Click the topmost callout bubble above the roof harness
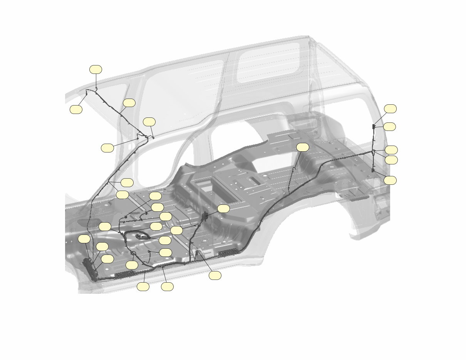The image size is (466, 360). (x=96, y=69)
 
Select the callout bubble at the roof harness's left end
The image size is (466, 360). (x=76, y=109)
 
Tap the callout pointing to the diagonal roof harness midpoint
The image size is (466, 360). (x=129, y=102)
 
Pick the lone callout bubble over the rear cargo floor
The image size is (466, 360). (x=303, y=147)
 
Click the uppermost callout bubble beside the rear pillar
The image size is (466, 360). (x=390, y=109)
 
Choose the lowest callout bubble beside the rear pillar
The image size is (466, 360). (x=390, y=180)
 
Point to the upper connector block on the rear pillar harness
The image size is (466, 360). (x=374, y=126)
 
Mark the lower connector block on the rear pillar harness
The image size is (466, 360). (x=373, y=169)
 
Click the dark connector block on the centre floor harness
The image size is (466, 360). (x=205, y=216)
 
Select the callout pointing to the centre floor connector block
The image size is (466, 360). (x=223, y=209)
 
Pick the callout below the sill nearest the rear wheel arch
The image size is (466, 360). (x=215, y=275)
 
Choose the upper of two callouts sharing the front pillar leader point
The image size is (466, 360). (x=127, y=182)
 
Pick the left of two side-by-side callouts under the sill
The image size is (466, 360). (x=143, y=286)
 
